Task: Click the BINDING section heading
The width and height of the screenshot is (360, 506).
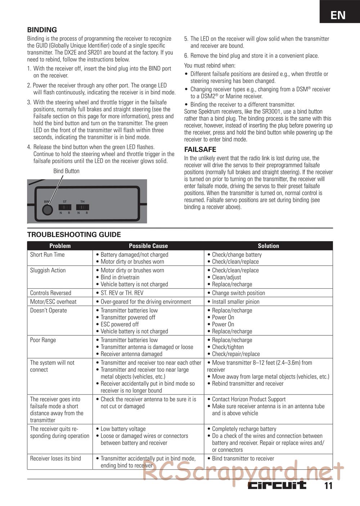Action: tap(42, 30)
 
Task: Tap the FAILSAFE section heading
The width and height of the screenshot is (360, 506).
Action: tap(200, 149)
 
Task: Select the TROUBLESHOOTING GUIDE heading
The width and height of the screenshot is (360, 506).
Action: tap(74, 235)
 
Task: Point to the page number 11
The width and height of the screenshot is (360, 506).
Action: tap(328, 486)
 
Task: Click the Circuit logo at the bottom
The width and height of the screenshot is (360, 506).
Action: tap(277, 485)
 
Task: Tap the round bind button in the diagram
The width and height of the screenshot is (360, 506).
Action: tap(48, 209)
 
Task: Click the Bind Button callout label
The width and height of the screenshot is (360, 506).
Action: tap(66, 171)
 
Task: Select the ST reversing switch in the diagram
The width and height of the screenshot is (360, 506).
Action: tap(65, 207)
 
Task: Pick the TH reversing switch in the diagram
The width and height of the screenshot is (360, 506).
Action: tap(82, 207)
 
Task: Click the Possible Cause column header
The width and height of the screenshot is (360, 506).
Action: tap(148, 246)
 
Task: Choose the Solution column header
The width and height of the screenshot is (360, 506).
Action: tap(268, 246)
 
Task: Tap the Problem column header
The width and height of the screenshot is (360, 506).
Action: tap(60, 246)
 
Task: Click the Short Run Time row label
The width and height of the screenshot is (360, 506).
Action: tap(48, 254)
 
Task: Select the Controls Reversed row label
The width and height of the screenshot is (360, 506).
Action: tap(51, 293)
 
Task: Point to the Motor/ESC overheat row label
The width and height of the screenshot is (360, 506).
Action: tap(53, 302)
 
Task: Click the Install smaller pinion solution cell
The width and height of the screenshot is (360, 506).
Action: tap(235, 302)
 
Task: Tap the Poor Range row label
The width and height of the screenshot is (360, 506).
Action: tap(43, 340)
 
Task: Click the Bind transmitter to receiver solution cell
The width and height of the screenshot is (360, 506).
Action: tap(243, 458)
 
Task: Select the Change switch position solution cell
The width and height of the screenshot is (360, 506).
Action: tap(238, 293)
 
